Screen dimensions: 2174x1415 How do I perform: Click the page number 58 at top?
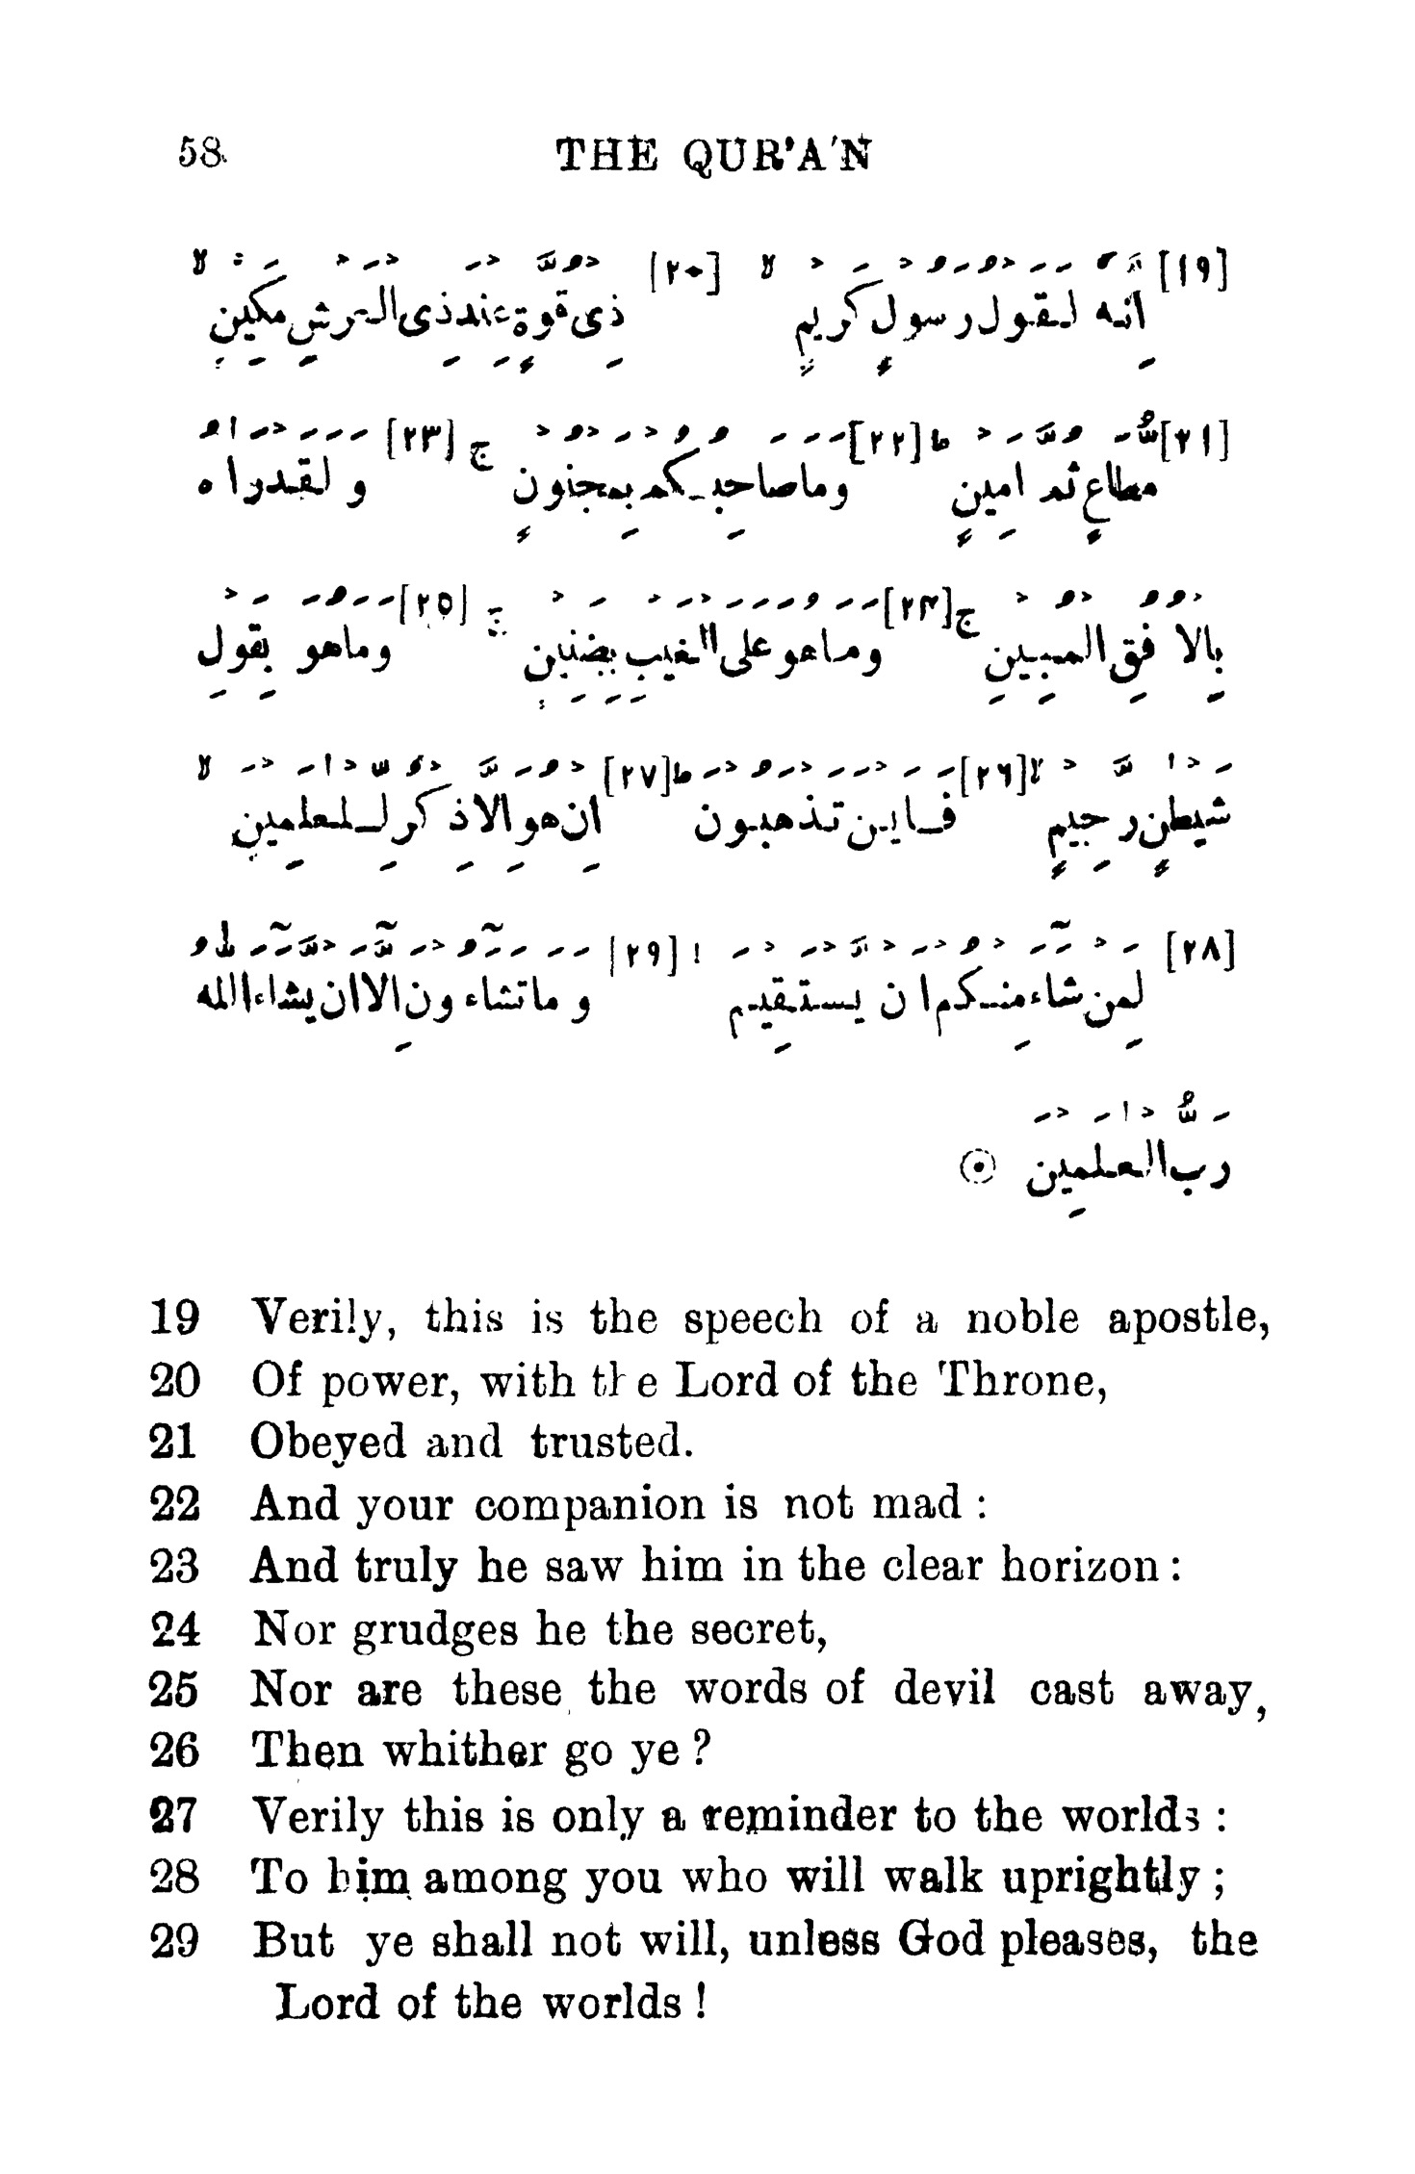click(x=200, y=153)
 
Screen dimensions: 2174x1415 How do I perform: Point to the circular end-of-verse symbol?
click(x=976, y=1167)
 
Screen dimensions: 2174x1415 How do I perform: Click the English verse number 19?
click(x=174, y=1318)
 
